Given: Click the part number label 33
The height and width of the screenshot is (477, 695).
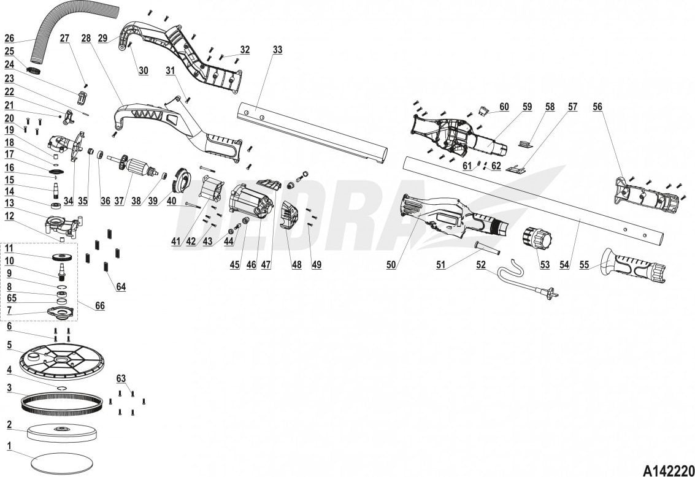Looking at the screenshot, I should (278, 50).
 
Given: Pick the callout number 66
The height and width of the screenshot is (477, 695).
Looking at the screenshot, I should (100, 305).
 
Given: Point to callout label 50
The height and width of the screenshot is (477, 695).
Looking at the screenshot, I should (391, 265).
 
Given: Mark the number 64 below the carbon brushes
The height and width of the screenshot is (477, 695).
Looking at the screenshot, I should (121, 287).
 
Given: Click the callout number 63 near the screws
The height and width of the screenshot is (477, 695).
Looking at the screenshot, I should (121, 378).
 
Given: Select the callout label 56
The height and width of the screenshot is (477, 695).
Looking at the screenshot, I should (597, 106).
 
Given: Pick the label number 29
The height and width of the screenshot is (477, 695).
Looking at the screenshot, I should (102, 37).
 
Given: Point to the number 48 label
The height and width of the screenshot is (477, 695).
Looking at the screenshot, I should (297, 265).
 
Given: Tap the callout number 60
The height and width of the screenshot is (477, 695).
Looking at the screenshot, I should (504, 107).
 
